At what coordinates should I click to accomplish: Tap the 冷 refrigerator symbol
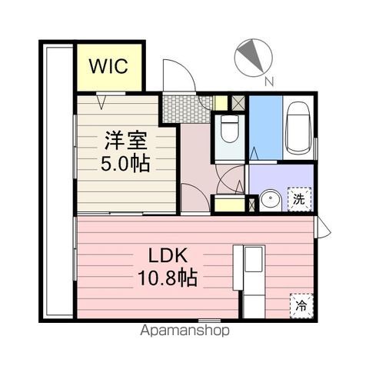[301, 304]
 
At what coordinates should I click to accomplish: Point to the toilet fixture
[228, 132]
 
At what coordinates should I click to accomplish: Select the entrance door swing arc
[177, 75]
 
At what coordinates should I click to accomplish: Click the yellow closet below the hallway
[228, 205]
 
